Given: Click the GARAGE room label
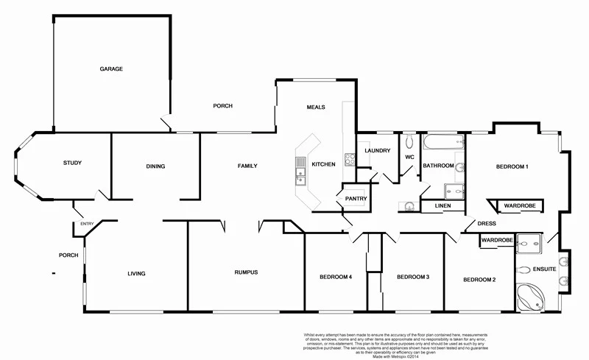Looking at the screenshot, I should tap(111, 69).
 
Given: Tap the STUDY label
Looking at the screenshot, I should tap(72, 163).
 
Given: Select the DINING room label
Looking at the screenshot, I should tap(155, 166).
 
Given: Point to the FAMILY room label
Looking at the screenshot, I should tap(247, 166).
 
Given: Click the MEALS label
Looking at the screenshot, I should tap(316, 107).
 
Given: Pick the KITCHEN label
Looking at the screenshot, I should tap(324, 164).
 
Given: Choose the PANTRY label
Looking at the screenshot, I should tap(353, 199).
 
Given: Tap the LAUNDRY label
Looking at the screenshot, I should tap(377, 151).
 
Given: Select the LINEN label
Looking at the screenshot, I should tap(442, 206).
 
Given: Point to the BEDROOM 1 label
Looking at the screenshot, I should tap(512, 167).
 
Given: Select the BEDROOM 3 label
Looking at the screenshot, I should tap(413, 278).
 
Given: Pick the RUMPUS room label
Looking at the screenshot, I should tap(246, 273).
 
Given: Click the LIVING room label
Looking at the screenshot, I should tap(136, 274).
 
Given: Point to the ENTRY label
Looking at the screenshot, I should tap(88, 224).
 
